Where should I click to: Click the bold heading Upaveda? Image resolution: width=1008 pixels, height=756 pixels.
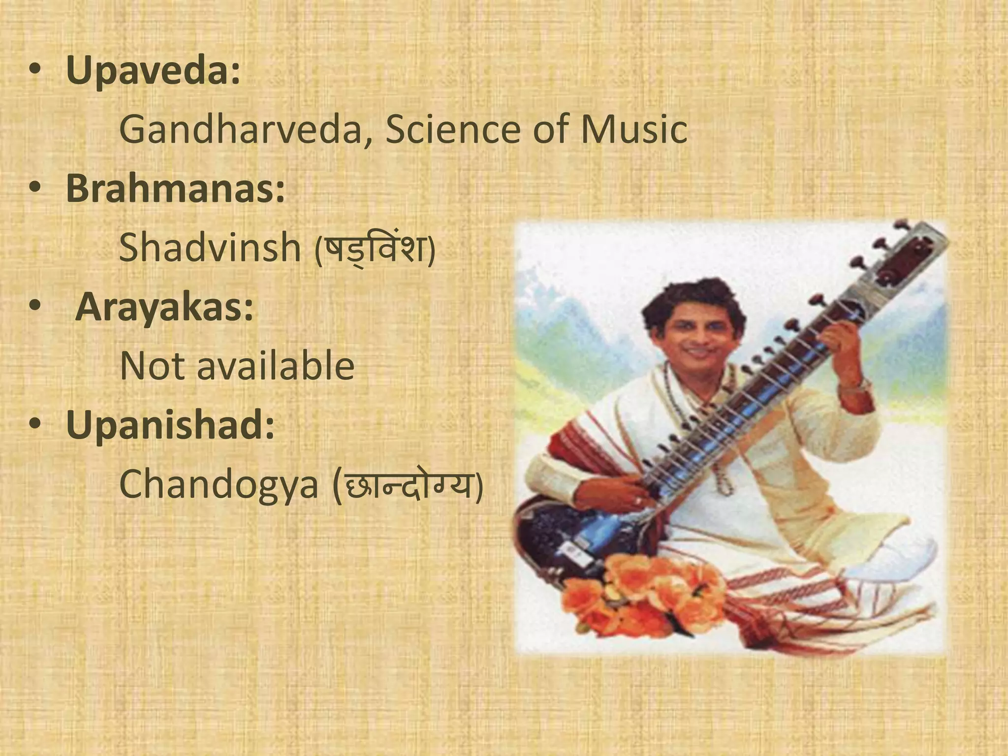tap(153, 72)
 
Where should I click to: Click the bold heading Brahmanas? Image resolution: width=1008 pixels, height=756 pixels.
tap(175, 189)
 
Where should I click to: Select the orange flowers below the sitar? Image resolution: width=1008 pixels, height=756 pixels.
tap(645, 596)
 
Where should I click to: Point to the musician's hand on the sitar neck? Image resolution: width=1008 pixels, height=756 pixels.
tap(842, 345)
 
